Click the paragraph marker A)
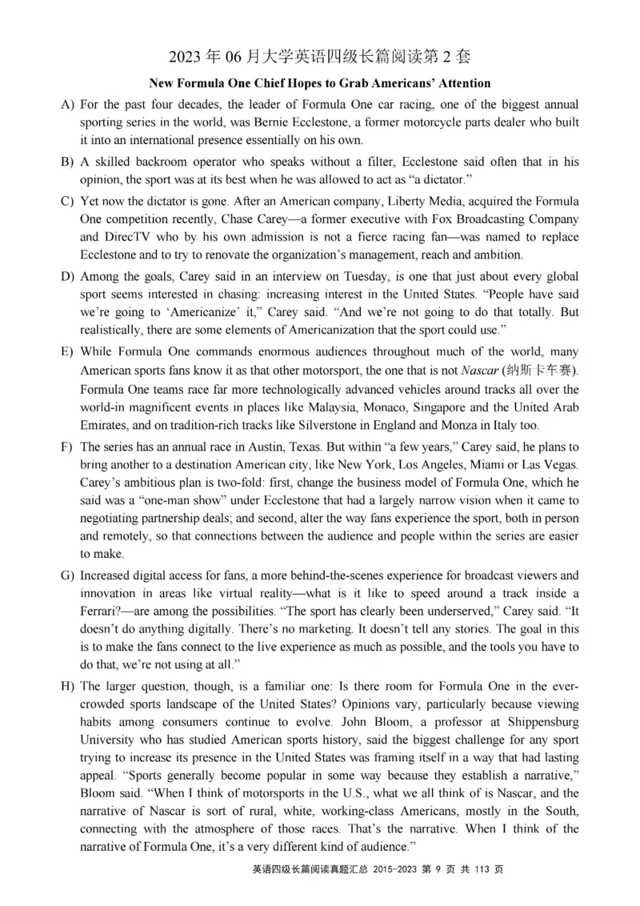(67, 105)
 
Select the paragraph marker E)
(67, 352)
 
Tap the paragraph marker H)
(67, 687)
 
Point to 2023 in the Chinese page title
(188, 57)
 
